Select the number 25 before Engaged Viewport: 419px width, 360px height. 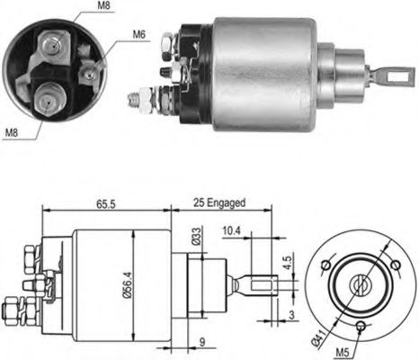click(x=198, y=204)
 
